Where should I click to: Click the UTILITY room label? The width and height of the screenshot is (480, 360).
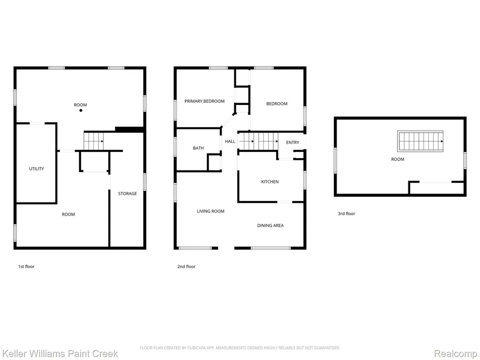[x=37, y=169]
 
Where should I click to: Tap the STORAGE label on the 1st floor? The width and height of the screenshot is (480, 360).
[x=127, y=194]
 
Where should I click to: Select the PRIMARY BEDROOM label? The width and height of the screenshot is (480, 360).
[x=204, y=101]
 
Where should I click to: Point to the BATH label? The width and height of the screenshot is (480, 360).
[x=198, y=148]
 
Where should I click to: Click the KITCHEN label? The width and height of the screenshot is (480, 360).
[x=270, y=182]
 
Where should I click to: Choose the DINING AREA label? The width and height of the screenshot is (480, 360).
[x=270, y=225]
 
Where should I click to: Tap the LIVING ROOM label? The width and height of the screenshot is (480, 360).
[x=210, y=211]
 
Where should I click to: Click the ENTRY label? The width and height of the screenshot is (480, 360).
[x=292, y=142]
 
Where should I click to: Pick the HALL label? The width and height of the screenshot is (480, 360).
[x=230, y=142]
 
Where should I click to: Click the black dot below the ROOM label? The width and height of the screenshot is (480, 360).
[x=81, y=111]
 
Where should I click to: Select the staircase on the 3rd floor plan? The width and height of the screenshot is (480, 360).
[x=420, y=141]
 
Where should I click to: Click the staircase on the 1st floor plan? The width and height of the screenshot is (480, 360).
[x=94, y=141]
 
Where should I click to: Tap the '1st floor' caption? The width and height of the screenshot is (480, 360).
[x=26, y=267]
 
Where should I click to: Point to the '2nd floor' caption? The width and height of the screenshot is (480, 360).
[x=187, y=267]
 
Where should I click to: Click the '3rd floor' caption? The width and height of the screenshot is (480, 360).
[x=346, y=214]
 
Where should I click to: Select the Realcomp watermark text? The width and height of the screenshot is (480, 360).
[x=456, y=353]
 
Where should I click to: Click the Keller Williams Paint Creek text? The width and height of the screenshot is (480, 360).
[x=60, y=353]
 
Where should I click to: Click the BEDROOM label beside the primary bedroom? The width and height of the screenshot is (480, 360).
[x=277, y=104]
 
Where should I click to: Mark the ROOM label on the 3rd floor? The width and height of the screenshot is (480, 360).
[x=397, y=159]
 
